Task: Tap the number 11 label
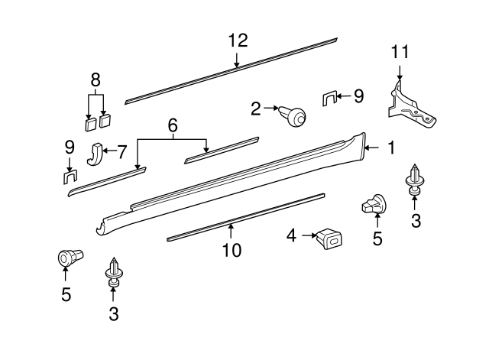pyautogui.click(x=400, y=52)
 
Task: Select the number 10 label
pyautogui.click(x=232, y=249)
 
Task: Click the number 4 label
pyautogui.click(x=290, y=235)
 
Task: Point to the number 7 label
pyautogui.click(x=121, y=151)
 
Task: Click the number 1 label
pyautogui.click(x=390, y=147)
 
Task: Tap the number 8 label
pyautogui.click(x=96, y=79)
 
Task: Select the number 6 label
pyautogui.click(x=173, y=124)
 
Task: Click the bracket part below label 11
pyautogui.click(x=413, y=107)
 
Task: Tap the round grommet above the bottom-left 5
pyautogui.click(x=70, y=258)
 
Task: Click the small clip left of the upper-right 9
pyautogui.click(x=329, y=98)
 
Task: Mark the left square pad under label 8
pyautogui.click(x=89, y=122)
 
